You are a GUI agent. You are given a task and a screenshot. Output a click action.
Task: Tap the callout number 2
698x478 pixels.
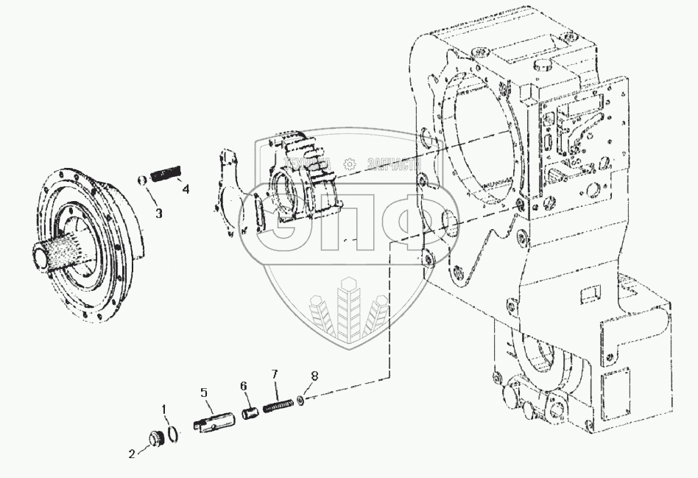click(x=133, y=454)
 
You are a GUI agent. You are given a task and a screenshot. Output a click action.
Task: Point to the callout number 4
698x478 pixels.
click(x=186, y=189)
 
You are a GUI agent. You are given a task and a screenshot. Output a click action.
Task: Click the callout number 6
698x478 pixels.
click(x=242, y=385)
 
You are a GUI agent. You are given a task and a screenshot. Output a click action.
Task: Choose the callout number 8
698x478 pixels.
click(x=314, y=376)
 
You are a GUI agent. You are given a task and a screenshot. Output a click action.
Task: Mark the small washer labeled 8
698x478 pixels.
click(x=301, y=400)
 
